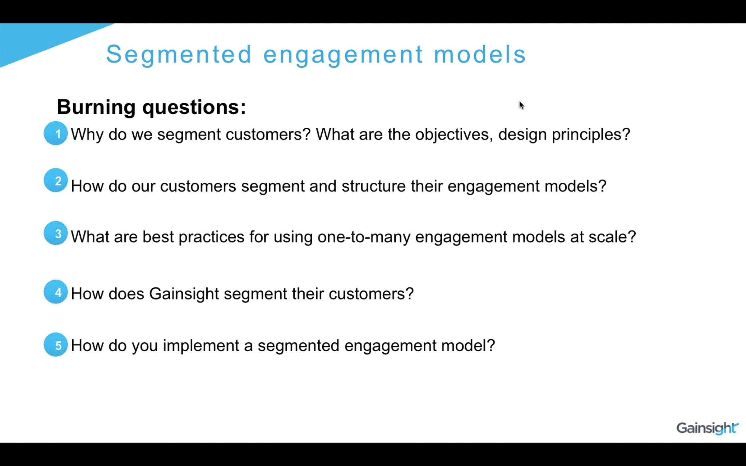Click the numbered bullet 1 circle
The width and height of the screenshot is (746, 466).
56,133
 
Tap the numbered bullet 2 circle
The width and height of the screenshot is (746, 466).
56,180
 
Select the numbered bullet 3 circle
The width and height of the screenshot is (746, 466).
56,233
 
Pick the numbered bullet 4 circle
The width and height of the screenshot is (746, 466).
56,292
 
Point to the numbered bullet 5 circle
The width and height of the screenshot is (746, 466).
56,345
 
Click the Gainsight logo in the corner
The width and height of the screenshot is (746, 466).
707,428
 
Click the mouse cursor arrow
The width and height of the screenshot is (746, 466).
521,105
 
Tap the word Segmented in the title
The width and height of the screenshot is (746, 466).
179,54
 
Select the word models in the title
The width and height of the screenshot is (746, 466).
480,54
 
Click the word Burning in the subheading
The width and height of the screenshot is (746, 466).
96,107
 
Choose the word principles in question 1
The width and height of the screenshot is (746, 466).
591,135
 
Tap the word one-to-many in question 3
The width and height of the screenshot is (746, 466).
364,237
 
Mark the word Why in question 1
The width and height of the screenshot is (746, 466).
87,135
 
